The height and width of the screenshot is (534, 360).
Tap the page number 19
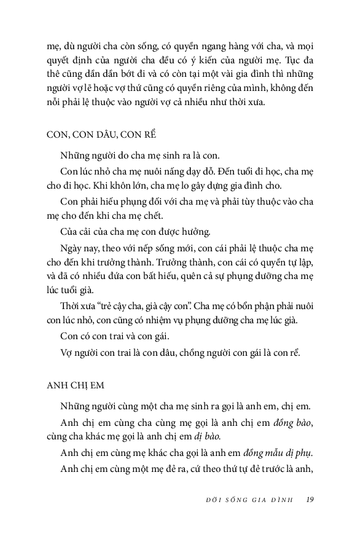click(310, 499)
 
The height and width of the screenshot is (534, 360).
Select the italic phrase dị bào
click(208, 436)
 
